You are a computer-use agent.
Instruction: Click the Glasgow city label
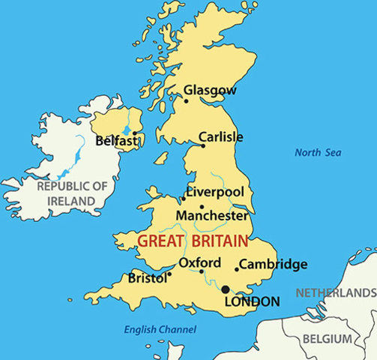(210, 90)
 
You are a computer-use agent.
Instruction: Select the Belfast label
(115, 140)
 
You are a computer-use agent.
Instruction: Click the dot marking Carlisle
(202, 145)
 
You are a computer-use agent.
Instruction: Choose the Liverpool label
(215, 192)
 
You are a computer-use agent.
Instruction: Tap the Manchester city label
(211, 215)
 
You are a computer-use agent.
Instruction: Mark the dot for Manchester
(201, 207)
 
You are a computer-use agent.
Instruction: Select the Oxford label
(199, 262)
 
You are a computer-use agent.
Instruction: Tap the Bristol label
(147, 277)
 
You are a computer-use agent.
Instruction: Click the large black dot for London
(226, 289)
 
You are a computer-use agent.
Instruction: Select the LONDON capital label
(253, 301)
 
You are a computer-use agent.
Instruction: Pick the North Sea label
(318, 152)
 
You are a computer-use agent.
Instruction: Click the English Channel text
(160, 328)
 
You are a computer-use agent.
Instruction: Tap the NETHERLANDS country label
(336, 292)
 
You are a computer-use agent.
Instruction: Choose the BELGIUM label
(327, 340)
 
